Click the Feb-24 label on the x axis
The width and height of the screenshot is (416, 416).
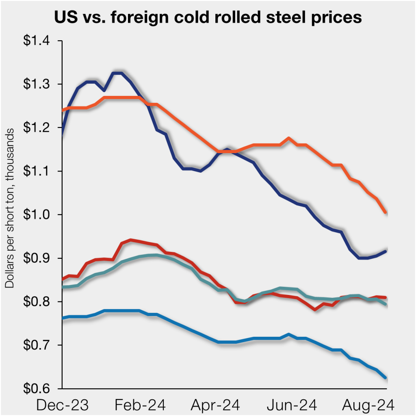tap(139, 405)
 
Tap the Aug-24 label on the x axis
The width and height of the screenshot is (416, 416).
tap(367, 405)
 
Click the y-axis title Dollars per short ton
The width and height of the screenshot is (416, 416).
tap(10, 208)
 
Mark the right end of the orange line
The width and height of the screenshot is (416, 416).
tap(386, 212)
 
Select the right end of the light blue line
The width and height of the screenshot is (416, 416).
tap(386, 378)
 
